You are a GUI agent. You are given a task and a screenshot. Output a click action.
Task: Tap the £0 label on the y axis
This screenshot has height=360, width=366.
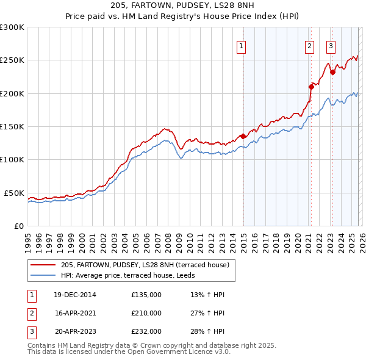click(18, 226)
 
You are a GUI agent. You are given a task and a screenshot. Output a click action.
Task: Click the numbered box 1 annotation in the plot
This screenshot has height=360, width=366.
click(242, 45)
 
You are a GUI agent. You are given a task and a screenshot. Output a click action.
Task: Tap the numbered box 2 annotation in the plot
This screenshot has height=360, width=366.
click(310, 45)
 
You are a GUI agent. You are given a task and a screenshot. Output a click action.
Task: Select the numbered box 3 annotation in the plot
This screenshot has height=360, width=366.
click(331, 45)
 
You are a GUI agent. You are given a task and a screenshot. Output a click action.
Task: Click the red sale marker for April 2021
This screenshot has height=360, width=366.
click(310, 87)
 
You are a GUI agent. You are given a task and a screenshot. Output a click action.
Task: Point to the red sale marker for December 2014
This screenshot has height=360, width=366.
click(243, 136)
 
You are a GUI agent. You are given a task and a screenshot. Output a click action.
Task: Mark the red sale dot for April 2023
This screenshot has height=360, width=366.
click(332, 73)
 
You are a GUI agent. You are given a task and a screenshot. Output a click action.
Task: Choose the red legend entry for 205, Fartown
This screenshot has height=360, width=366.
click(145, 265)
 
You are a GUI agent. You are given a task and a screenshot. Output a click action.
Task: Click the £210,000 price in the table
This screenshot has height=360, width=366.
click(146, 313)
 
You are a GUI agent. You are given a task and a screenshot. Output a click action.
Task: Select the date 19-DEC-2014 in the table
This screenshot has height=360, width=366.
click(75, 295)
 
